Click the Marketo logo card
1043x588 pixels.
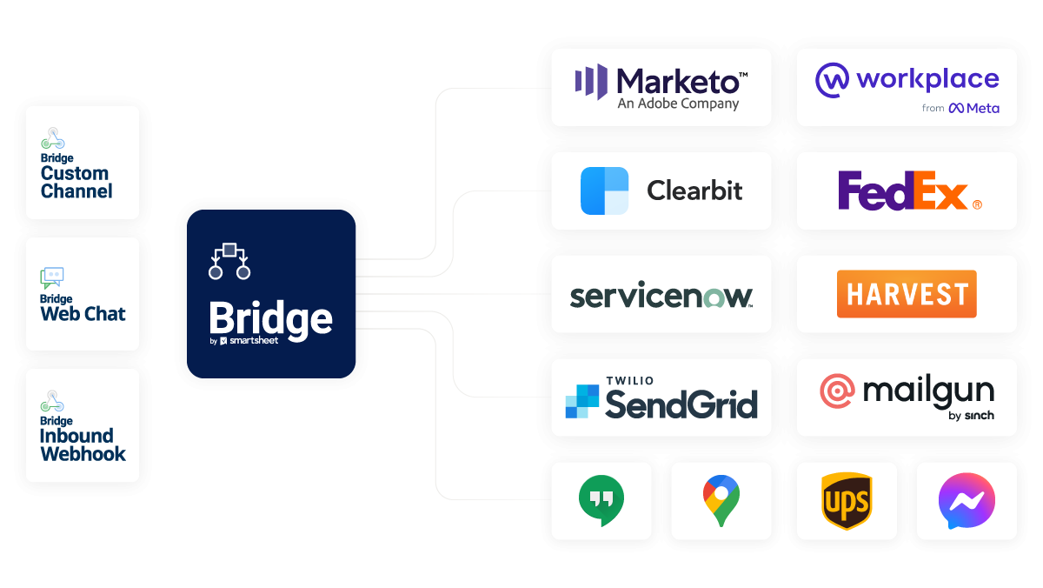[x=661, y=87]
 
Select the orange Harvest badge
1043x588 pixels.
[x=907, y=294]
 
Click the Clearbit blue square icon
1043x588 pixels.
[x=604, y=190]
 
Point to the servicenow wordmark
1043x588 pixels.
[x=661, y=295]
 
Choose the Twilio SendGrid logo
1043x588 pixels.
[x=661, y=398]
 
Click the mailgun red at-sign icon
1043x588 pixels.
[x=837, y=391]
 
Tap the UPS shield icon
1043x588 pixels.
[x=846, y=502]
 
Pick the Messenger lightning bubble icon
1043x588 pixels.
[x=967, y=502]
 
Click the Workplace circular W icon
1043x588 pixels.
[x=832, y=80]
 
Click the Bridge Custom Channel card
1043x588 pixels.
[x=83, y=162]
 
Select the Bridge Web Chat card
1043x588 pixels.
[x=83, y=294]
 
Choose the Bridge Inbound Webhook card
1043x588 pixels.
[x=83, y=425]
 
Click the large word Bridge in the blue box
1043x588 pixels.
[x=270, y=318]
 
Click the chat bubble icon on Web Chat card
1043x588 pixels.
[x=52, y=277]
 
